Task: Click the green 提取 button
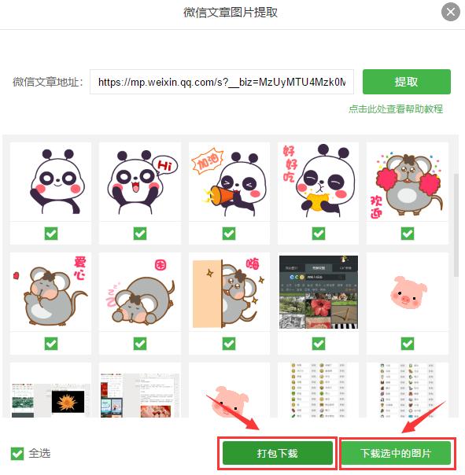406,82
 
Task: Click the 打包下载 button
277,454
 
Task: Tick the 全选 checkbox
17,454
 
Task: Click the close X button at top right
451,12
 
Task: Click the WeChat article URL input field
222,82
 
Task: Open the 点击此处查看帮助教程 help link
396,109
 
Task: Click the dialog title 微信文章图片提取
231,12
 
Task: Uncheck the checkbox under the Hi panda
139,234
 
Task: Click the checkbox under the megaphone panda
229,234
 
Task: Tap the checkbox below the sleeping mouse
139,344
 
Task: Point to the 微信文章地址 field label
47,82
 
